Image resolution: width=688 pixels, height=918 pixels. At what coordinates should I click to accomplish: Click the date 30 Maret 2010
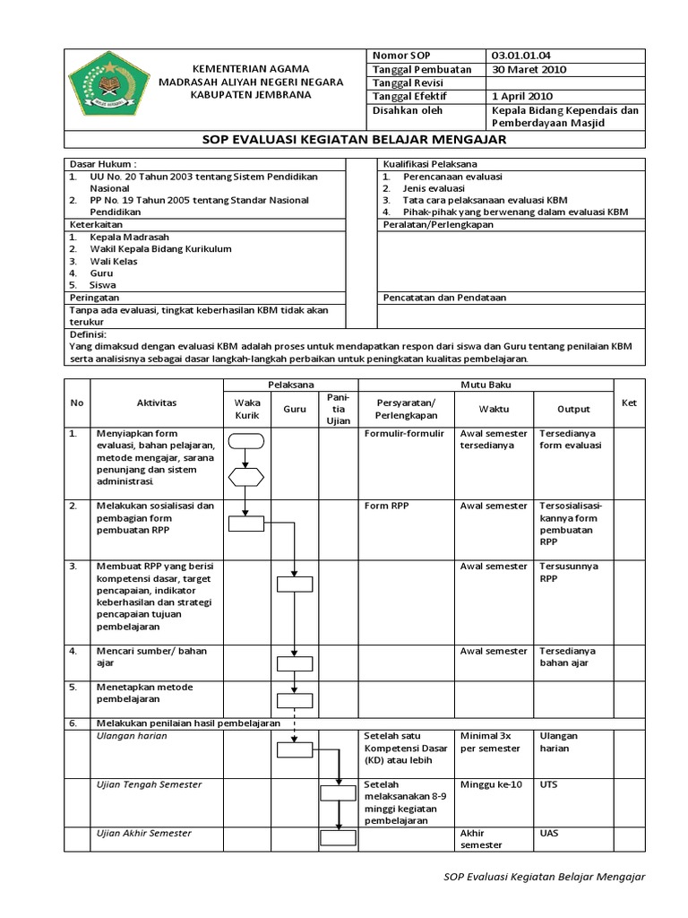point(529,69)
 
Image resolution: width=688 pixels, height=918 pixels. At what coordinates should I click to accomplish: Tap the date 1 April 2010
point(522,96)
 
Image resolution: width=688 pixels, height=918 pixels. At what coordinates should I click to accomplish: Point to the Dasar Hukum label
point(103,165)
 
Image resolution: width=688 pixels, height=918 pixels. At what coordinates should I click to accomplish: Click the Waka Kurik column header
point(246,410)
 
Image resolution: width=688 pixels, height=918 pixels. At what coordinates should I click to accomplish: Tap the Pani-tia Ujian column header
point(338,409)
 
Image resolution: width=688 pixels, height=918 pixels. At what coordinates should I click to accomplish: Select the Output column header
point(573,409)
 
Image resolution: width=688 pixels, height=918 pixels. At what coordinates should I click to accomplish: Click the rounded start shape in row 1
point(246,440)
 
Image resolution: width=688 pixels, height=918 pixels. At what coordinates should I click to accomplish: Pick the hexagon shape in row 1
point(246,476)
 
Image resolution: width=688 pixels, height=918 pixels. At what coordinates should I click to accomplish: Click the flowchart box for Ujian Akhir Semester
point(339,839)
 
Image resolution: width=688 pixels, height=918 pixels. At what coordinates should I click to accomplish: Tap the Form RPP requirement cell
point(386,507)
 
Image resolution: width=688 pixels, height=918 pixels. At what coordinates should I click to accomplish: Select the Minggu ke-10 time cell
point(490,785)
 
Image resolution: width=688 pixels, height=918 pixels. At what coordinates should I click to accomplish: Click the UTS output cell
point(548,785)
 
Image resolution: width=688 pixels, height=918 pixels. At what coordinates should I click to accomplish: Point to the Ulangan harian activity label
point(132,736)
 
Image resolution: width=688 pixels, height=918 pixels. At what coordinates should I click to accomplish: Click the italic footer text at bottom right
point(544,877)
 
